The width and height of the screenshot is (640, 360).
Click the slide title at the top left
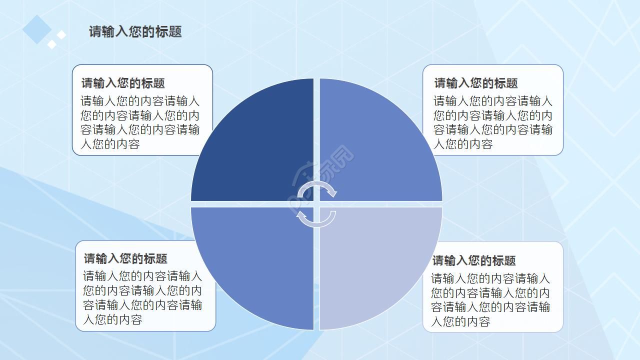click(135, 31)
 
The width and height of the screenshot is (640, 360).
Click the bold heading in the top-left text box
click(123, 83)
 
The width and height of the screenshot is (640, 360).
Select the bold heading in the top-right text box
click(475, 83)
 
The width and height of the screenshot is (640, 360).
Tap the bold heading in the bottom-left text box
click(125, 258)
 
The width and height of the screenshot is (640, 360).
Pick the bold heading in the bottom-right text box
click(473, 260)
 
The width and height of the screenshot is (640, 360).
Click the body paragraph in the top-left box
click(140, 122)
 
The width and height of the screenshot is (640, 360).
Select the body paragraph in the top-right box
click(492, 122)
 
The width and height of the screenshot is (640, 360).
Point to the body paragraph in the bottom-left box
click(142, 297)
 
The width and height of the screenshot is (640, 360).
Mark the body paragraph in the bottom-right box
click(490, 299)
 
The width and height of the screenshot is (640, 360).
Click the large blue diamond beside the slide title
click(37, 29)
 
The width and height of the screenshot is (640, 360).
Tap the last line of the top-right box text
click(463, 144)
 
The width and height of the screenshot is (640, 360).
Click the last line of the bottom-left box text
click(112, 319)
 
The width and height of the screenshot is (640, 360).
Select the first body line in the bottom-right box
click(490, 278)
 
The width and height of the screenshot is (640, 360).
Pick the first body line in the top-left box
click(140, 101)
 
